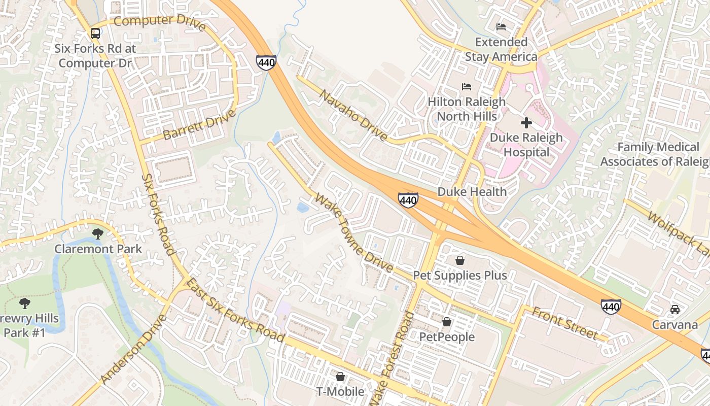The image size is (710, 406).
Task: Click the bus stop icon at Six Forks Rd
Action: (95, 33)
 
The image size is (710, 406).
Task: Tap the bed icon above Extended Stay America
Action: (501, 27)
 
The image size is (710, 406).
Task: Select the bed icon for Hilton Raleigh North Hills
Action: (467, 87)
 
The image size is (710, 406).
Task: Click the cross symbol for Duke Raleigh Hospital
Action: (526, 122)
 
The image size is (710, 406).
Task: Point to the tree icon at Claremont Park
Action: (98, 234)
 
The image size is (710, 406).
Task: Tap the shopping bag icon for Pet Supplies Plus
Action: (459, 260)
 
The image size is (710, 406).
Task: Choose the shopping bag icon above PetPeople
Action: (447, 322)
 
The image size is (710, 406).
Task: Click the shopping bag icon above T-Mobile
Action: (340, 377)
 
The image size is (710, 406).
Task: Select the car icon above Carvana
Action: (675, 310)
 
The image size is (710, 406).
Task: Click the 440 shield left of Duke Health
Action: (408, 200)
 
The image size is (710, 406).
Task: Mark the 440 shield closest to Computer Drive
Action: (266, 63)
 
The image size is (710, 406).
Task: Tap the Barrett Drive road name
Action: (199, 124)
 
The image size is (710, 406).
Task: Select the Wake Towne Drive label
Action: (353, 232)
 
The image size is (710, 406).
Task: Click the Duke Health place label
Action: (472, 192)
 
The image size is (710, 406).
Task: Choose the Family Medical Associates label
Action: (657, 154)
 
